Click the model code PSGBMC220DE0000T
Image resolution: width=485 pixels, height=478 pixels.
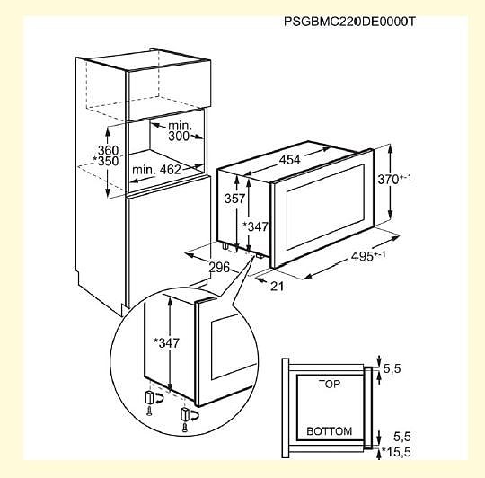349,22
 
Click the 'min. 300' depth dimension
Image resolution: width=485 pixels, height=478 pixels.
180,131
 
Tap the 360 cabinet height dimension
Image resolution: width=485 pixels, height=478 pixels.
109,150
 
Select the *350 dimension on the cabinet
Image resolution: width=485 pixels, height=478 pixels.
106,161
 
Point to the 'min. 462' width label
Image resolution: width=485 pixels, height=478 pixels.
156,170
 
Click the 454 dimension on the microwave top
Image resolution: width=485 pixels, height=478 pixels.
290,160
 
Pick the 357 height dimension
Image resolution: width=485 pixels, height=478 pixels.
235,199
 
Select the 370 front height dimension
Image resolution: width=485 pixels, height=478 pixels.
394,179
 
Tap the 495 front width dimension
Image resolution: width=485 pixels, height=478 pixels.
368,256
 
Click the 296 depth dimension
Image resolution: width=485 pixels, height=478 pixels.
220,268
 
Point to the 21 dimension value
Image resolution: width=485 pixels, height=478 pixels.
278,287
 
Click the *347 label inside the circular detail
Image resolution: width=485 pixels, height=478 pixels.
167,343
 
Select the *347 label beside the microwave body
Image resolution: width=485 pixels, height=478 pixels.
255,226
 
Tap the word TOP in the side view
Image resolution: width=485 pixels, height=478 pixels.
330,385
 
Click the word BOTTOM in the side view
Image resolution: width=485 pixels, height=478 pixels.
330,431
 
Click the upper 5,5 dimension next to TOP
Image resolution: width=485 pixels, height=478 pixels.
392,368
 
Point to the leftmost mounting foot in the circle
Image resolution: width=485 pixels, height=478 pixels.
150,397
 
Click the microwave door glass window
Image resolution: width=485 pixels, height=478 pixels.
326,207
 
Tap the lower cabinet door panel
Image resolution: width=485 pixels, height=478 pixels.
168,244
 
